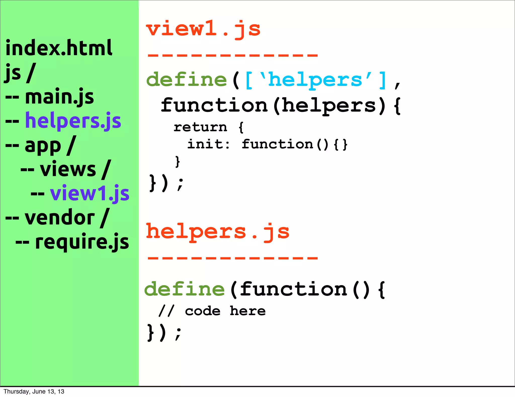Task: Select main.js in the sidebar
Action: (x=59, y=97)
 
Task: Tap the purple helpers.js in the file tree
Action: (x=73, y=121)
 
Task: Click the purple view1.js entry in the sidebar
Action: (x=90, y=193)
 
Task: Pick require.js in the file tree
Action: (x=82, y=242)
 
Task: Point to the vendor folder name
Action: (x=60, y=218)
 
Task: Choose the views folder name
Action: (x=68, y=169)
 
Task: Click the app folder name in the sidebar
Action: (x=43, y=145)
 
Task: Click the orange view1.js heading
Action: (x=203, y=29)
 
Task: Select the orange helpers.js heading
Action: (x=218, y=232)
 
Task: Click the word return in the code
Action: (x=200, y=127)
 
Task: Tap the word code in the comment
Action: (x=203, y=311)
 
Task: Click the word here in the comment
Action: (x=248, y=311)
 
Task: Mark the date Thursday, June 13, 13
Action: (x=34, y=391)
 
